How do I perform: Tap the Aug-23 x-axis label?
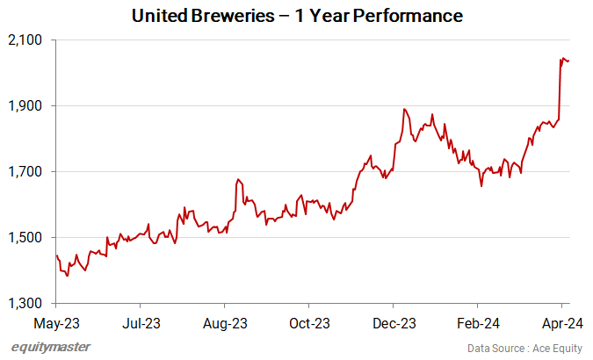(224, 323)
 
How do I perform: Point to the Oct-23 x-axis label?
(309, 323)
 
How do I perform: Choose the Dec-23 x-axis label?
(394, 323)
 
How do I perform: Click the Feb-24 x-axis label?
(480, 323)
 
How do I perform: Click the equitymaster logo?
(51, 347)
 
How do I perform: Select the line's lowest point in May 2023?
(67, 276)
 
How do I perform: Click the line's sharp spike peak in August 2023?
(237, 179)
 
